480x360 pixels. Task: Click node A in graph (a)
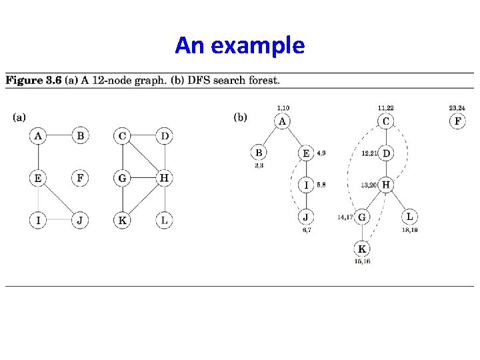coord(38,136)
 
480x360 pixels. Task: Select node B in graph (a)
coord(80,136)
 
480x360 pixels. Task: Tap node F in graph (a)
coord(80,178)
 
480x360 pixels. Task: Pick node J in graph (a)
coord(80,220)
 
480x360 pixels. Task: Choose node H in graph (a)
coord(164,178)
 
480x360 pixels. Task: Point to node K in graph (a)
coord(122,220)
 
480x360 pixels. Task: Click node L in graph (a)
coord(164,220)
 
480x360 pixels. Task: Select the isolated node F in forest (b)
coord(457,121)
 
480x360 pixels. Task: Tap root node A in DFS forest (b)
coord(283,121)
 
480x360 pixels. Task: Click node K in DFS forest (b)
coord(362,249)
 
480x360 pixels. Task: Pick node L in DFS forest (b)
coord(409,217)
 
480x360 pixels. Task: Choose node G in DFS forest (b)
coord(362,217)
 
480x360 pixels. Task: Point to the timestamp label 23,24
coord(457,108)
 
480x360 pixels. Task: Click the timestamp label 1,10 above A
coord(283,108)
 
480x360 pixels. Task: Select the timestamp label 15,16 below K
coord(362,261)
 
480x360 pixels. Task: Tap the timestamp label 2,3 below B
coord(259,165)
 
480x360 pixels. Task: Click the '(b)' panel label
coord(241,117)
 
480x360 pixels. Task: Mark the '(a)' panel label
coord(19,117)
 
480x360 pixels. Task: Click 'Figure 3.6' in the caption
coord(33,81)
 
